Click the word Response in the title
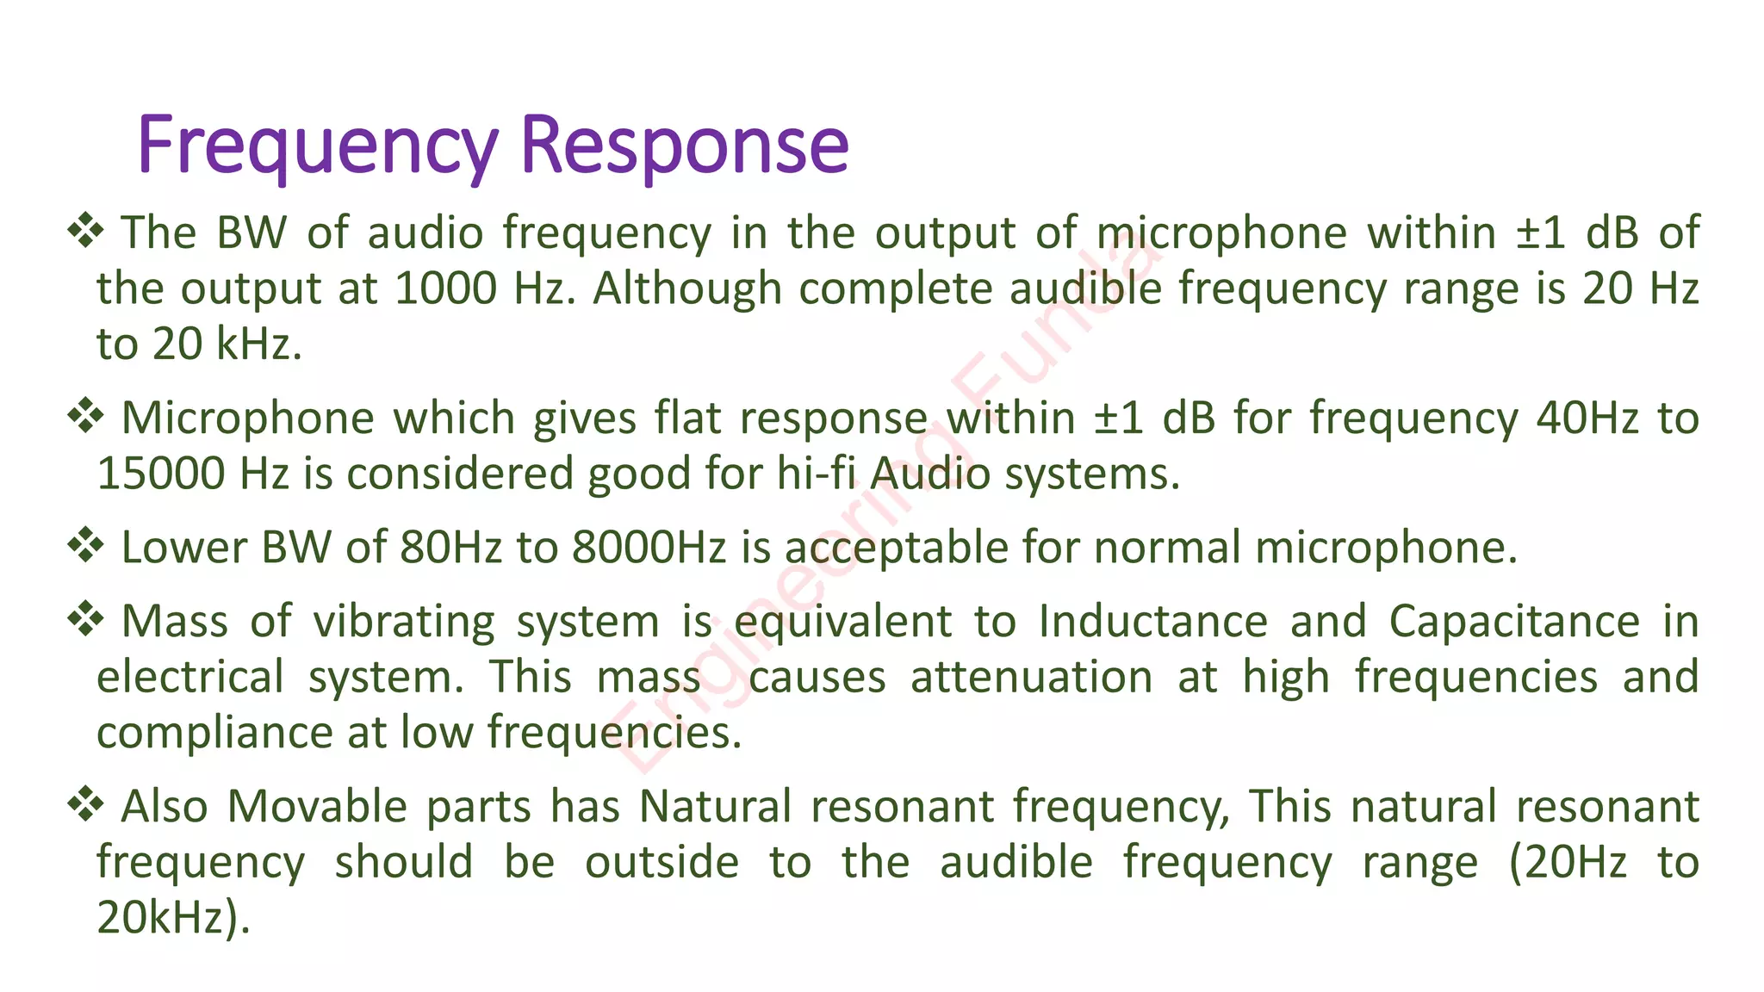tap(685, 146)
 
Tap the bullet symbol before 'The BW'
tap(85, 231)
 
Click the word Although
tap(686, 288)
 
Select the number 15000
tap(161, 474)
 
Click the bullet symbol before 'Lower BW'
tap(85, 546)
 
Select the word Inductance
tap(1152, 622)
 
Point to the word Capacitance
tap(1514, 622)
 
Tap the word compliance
tap(214, 734)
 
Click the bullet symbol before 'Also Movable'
tap(85, 805)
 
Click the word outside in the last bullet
tap(661, 863)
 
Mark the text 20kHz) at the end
tap(173, 918)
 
